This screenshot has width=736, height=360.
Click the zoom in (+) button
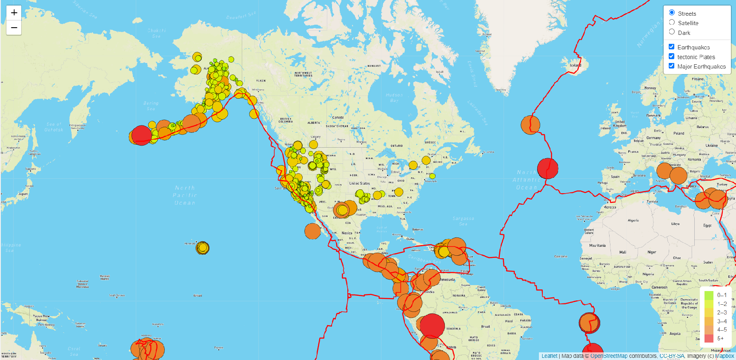tap(14, 13)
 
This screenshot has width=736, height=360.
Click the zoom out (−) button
tap(14, 28)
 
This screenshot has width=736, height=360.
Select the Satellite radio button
tap(672, 23)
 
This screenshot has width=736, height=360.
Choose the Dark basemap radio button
tap(672, 32)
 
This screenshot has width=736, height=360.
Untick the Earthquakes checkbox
tap(671, 47)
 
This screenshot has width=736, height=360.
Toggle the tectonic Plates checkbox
tap(671, 56)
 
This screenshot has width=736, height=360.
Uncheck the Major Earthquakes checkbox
tap(671, 66)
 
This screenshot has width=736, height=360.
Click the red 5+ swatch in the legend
tap(709, 338)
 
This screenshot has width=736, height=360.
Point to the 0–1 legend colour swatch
tap(709, 295)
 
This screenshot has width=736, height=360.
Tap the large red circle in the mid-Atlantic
tap(547, 169)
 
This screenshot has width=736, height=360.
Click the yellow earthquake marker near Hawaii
tap(202, 247)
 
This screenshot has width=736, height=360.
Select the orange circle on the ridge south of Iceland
tap(530, 125)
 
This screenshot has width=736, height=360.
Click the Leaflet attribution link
tap(549, 356)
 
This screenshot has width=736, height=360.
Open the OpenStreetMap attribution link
tap(609, 356)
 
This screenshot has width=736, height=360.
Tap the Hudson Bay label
tap(394, 98)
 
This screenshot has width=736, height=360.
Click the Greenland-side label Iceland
tap(576, 65)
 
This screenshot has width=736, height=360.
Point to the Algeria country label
tap(633, 220)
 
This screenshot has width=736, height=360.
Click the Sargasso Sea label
tap(463, 221)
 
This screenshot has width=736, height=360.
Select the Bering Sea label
tap(151, 106)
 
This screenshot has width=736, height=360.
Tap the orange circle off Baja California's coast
tap(312, 231)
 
